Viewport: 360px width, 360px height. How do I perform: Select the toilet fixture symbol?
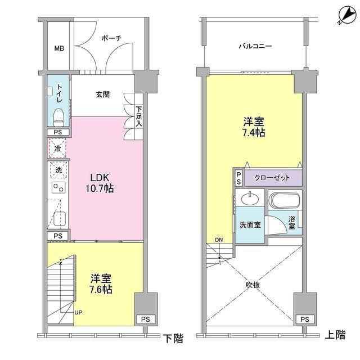(x=58, y=116)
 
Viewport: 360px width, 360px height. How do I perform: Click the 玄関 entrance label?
(x=102, y=93)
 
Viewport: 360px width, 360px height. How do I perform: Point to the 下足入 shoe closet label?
(x=139, y=115)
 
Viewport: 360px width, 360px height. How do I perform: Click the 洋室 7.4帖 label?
(x=254, y=127)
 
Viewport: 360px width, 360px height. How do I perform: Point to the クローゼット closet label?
(x=273, y=178)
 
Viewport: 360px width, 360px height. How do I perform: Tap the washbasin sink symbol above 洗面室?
(x=249, y=199)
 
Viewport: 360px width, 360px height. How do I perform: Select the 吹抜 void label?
(x=253, y=285)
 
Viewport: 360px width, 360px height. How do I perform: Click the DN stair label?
(x=218, y=240)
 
